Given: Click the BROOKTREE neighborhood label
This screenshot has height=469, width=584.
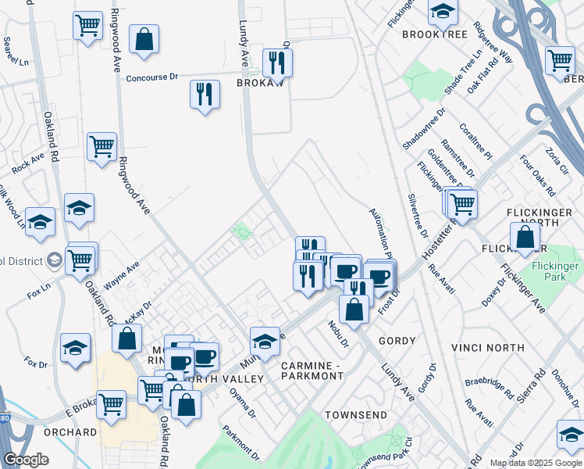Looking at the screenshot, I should [434, 34].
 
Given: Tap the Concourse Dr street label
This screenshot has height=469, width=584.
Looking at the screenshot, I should [153, 78].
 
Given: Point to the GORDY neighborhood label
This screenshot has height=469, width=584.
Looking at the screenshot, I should [397, 341].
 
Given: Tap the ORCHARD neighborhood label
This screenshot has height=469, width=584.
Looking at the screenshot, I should [70, 431].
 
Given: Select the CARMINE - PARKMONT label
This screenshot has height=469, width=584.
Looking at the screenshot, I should [312, 371].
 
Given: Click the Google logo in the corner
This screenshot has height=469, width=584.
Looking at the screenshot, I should [26, 460].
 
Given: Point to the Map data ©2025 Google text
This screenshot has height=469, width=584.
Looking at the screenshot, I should [535, 463].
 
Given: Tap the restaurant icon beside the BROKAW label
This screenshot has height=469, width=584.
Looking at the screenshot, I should [277, 60].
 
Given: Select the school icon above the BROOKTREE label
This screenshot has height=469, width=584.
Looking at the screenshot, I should [443, 11].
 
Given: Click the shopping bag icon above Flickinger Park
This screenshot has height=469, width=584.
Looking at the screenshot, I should [525, 238].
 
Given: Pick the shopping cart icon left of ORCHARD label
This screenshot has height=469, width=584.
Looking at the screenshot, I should [112, 405].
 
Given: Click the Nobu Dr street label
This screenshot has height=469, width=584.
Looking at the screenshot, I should [337, 333].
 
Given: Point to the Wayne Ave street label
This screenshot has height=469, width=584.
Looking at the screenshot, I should [121, 275].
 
